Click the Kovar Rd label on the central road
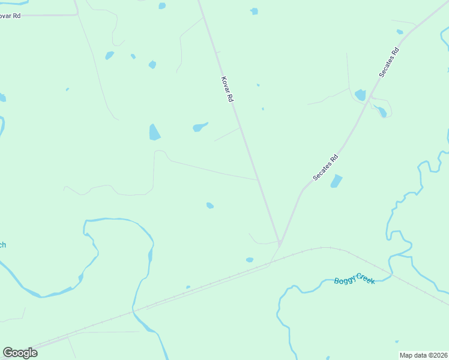click(226, 89)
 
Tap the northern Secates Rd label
click(389, 62)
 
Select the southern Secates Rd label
click(326, 168)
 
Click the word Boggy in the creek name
click(345, 281)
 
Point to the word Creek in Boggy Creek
click(365, 278)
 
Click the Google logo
click(20, 353)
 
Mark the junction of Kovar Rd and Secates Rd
click(280, 243)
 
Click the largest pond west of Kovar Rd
click(154, 132)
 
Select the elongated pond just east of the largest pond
click(200, 127)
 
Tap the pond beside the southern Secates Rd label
click(336, 181)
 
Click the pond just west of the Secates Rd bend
click(360, 95)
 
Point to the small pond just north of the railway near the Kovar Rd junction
click(250, 260)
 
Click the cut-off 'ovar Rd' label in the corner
click(10, 16)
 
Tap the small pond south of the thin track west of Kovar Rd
click(210, 206)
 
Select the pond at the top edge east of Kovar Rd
click(254, 11)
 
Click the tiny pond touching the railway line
click(188, 287)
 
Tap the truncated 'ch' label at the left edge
click(2, 244)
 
